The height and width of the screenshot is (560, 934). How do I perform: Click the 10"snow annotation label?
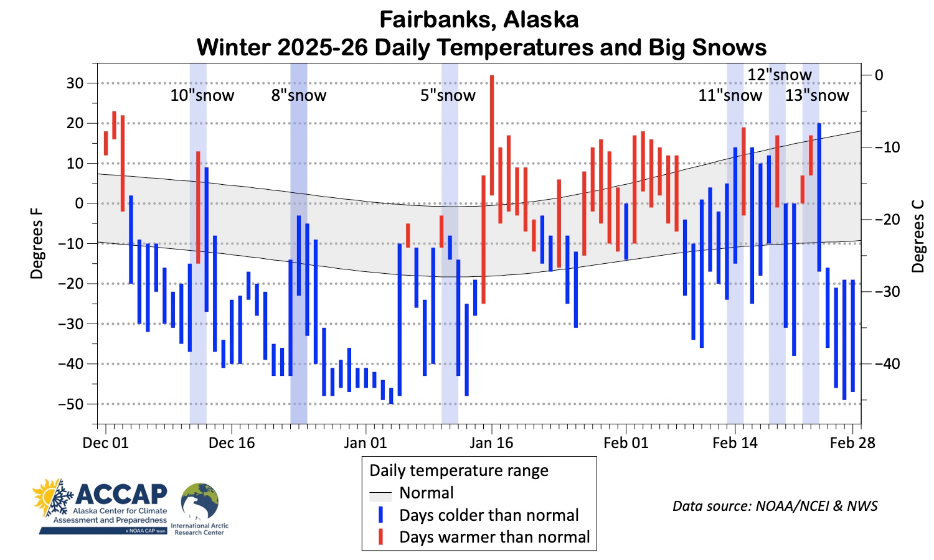[202, 96]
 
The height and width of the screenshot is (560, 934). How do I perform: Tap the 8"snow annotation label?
[299, 96]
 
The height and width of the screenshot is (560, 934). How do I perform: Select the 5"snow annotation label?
[448, 96]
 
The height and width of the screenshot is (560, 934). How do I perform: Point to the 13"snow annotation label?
[817, 96]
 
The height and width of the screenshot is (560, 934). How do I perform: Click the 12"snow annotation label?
[780, 75]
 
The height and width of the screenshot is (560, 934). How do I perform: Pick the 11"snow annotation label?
[730, 96]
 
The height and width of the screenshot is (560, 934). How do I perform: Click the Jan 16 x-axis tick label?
[491, 443]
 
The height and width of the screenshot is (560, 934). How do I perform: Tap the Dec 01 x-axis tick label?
[105, 443]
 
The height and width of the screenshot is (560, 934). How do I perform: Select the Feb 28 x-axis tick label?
[852, 443]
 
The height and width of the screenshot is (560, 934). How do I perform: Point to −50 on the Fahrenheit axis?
[70, 404]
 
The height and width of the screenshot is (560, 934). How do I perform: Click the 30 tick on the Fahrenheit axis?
[75, 83]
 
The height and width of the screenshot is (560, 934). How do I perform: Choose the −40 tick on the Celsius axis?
[887, 364]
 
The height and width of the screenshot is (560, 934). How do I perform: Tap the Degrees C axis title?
[918, 236]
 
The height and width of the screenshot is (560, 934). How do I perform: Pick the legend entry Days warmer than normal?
[494, 537]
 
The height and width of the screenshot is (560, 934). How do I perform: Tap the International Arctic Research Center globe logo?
[199, 502]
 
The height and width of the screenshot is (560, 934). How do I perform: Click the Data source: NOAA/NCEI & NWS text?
[775, 506]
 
